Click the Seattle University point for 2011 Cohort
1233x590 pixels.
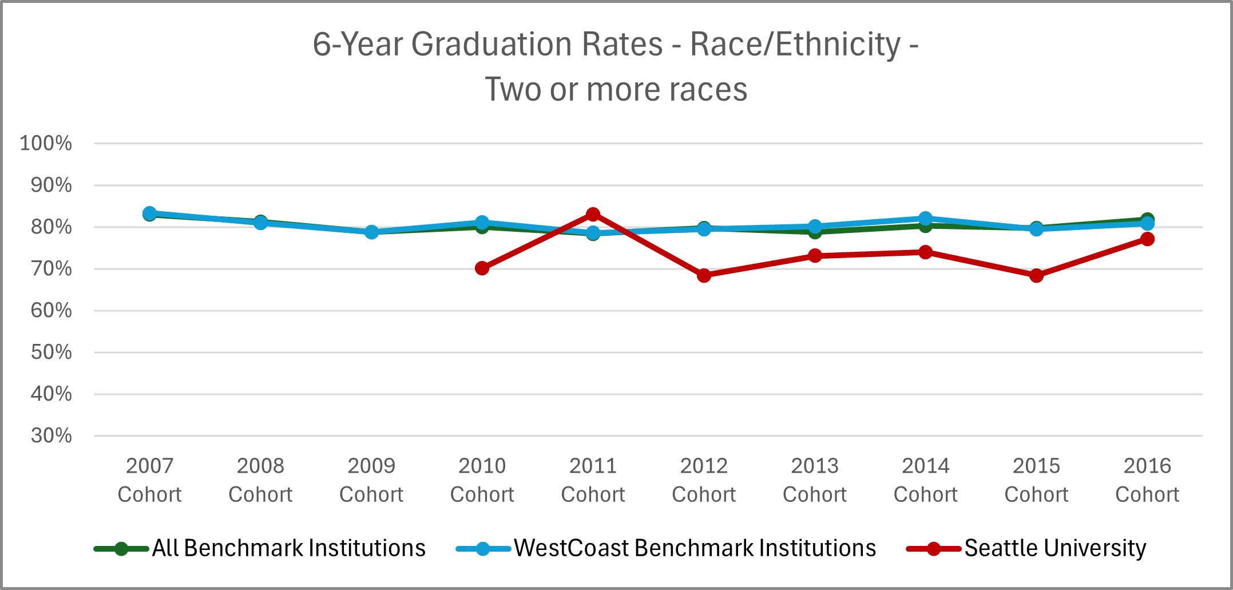click(593, 215)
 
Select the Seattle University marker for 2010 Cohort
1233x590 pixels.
click(482, 268)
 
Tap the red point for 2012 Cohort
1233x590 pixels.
click(704, 275)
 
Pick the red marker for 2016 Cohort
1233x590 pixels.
click(1147, 239)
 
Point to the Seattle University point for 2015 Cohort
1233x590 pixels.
click(1036, 275)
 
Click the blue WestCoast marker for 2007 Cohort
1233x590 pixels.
click(150, 213)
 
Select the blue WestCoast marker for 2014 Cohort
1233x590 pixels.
click(926, 219)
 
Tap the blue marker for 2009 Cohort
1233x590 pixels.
click(371, 232)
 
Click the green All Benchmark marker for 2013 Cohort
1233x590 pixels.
click(815, 232)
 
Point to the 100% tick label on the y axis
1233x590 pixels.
click(46, 143)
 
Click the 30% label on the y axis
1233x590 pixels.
click(51, 435)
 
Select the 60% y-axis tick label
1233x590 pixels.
click(51, 310)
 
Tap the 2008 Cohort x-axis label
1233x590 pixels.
click(260, 480)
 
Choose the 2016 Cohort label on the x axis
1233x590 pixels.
click(1147, 480)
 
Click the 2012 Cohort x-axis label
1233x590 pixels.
click(704, 480)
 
